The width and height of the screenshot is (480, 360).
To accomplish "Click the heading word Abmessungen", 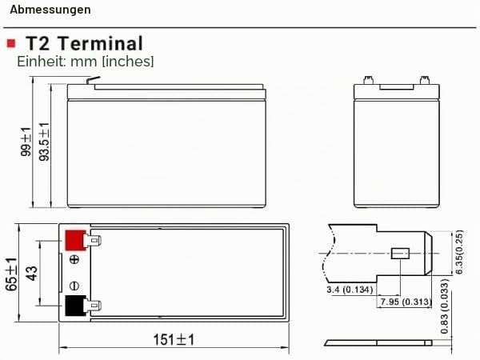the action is [x=50, y=10].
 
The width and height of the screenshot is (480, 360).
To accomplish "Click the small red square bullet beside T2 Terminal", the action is [x=11, y=43].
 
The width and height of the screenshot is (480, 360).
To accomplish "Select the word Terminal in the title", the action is [x=101, y=43].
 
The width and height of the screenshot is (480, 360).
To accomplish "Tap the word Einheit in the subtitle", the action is [x=42, y=62].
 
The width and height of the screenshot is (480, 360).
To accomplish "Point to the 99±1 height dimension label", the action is [x=26, y=142].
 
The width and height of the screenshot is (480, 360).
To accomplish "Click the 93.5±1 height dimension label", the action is [x=44, y=142].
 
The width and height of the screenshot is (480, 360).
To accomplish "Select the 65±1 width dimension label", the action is [x=11, y=274].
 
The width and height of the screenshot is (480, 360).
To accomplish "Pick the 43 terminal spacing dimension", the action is [x=31, y=273].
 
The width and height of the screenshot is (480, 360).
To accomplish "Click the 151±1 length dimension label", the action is [x=174, y=340].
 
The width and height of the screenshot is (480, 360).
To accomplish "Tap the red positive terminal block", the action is [x=75, y=240].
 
